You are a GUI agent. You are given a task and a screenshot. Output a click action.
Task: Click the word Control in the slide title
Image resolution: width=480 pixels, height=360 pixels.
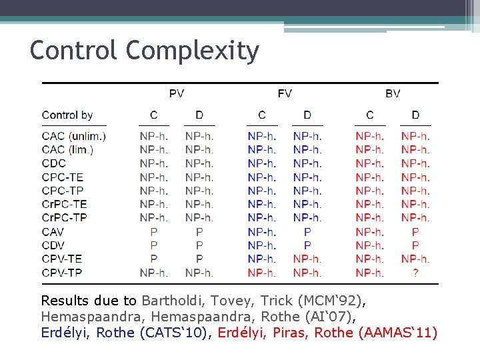click(74, 51)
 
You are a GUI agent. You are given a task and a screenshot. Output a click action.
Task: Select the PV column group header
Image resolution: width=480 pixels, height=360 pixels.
click(177, 93)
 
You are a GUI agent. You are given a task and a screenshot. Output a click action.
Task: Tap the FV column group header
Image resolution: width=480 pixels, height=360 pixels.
click(285, 93)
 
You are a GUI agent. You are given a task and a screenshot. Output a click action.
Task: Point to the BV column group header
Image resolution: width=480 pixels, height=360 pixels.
click(393, 93)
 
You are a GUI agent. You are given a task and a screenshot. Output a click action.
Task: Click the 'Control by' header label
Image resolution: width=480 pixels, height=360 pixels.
click(67, 115)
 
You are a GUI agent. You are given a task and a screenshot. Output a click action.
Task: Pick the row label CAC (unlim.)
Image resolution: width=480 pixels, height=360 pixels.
click(74, 136)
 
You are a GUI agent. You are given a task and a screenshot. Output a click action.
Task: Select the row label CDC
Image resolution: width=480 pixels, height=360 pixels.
click(54, 163)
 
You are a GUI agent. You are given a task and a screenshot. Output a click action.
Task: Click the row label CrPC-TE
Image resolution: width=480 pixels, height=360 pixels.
click(64, 204)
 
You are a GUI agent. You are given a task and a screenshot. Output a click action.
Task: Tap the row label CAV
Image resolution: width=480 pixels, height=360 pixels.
click(53, 231)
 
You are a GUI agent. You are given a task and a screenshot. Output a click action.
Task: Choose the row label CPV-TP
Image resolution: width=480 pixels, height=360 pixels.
click(62, 273)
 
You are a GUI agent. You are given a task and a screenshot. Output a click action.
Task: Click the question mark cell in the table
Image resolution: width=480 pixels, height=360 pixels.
click(415, 273)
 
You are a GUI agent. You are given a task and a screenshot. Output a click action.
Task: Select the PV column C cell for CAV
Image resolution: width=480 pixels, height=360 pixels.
click(154, 231)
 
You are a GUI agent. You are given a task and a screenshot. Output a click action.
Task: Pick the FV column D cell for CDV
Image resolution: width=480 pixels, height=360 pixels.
click(307, 245)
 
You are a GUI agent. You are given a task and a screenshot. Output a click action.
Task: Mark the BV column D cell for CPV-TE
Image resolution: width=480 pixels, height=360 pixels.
click(415, 259)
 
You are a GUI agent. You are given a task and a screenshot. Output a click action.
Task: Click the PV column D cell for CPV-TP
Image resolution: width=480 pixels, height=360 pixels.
click(199, 273)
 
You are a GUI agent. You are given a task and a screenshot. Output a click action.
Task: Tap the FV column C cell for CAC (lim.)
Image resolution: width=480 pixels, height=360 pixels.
click(262, 150)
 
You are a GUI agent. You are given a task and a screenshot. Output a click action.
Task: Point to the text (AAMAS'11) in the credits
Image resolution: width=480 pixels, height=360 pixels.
click(397, 332)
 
